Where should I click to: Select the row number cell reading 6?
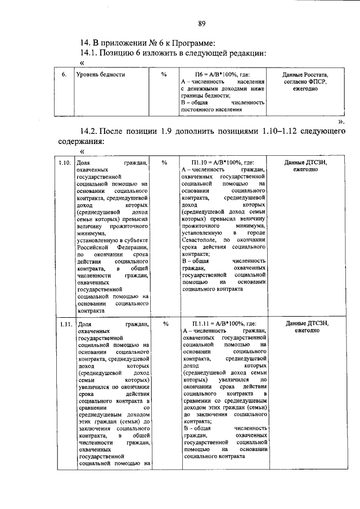click(x=64, y=74)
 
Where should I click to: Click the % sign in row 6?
click(x=164, y=74)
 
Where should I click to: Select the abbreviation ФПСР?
click(x=317, y=82)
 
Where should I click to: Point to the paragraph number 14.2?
click(x=92, y=132)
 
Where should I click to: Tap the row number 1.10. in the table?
click(x=64, y=163)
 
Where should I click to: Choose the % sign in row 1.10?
click(x=164, y=163)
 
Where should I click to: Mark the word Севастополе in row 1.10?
click(x=201, y=240)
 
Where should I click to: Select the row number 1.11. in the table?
click(x=64, y=324)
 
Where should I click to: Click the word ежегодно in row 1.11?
click(x=305, y=331)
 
